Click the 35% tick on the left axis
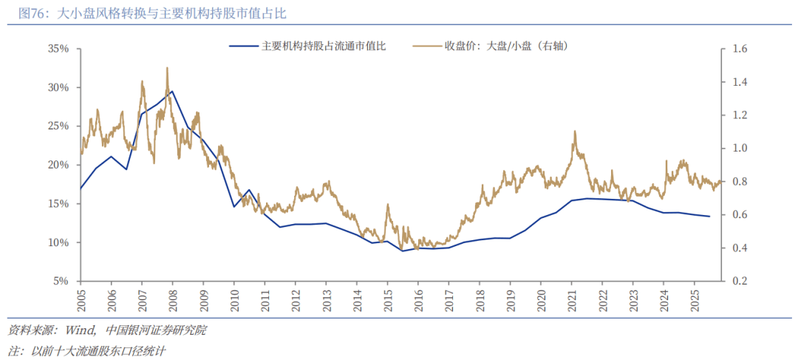[58, 49]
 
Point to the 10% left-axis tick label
[58, 242]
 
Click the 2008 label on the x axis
[173, 299]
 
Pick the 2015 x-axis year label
[388, 299]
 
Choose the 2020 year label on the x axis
[541, 299]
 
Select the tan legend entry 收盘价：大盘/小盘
[505, 46]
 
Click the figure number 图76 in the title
[33, 13]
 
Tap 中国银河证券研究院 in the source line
[156, 330]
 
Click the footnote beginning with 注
[86, 350]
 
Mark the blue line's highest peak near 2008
[172, 91]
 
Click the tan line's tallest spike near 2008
[167, 68]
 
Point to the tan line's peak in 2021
[574, 132]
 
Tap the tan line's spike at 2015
[387, 205]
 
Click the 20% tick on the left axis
[58, 165]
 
